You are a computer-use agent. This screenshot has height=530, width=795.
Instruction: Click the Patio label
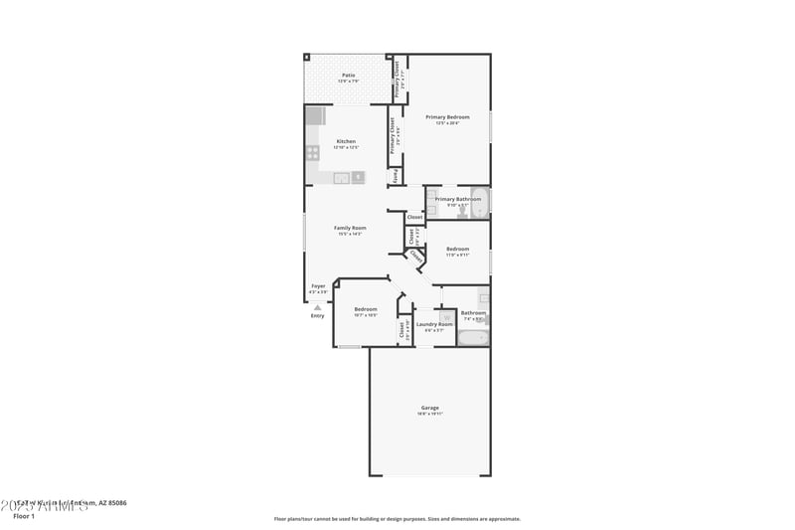point(349,75)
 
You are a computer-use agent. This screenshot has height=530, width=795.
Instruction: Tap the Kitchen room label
point(346,141)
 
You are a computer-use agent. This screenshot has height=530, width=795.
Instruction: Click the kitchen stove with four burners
point(312,153)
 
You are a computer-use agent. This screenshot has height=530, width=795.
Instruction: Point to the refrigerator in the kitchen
point(315,116)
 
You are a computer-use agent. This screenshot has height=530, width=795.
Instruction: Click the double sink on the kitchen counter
point(340,178)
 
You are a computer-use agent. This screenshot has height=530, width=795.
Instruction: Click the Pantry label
point(396,176)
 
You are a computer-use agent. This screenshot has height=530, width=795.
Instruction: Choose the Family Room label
point(350,228)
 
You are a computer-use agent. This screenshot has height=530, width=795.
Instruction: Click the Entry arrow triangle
point(318,307)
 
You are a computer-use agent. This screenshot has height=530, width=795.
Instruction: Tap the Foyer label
point(318,286)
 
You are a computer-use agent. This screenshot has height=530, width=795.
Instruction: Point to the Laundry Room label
point(434,324)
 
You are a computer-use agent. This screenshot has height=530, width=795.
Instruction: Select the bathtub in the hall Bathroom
point(472,338)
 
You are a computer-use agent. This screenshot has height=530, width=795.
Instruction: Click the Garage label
point(429,408)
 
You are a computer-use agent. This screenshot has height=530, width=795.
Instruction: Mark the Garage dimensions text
point(429,414)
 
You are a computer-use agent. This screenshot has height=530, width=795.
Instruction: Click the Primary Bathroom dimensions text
point(458,205)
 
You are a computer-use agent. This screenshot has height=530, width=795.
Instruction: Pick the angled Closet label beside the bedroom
point(416,256)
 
